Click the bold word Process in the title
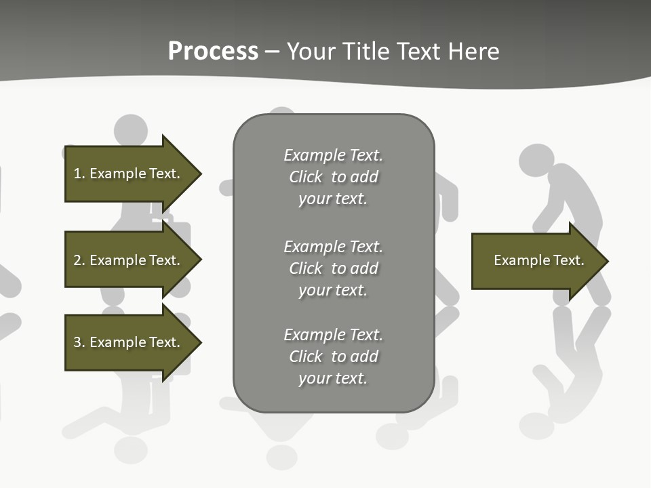213,52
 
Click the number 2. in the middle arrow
79,260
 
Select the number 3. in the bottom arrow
79,342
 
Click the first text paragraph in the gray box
333,177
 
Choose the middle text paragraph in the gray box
333,268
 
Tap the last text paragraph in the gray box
333,357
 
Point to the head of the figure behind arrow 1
130,129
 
